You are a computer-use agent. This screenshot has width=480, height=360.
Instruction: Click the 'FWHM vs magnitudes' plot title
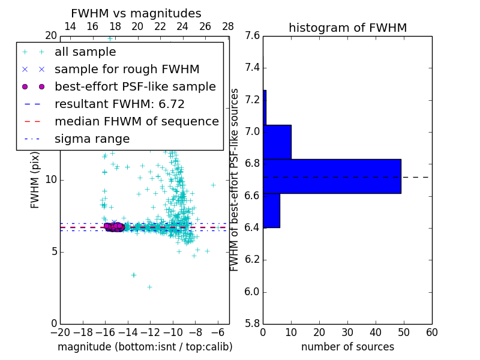click(136, 14)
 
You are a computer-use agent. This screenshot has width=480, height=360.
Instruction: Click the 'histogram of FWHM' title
click(347, 28)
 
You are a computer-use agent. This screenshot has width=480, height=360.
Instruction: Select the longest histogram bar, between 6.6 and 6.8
click(332, 176)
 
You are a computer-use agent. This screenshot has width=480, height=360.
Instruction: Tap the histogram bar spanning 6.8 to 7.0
click(277, 142)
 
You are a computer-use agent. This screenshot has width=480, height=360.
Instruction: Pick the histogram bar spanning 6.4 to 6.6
click(271, 211)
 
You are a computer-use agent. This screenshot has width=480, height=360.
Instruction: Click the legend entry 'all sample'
click(85, 52)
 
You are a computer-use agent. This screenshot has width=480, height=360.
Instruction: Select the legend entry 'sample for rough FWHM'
click(127, 69)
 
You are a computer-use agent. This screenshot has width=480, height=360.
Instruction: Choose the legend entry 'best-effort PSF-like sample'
click(135, 86)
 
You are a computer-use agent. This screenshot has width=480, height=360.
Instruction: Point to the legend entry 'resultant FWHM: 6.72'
click(119, 104)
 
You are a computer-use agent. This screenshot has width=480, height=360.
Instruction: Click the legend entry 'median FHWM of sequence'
click(136, 121)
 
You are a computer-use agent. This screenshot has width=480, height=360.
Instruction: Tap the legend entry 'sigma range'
click(92, 139)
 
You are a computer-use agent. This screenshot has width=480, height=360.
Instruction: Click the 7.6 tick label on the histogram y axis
click(253, 35)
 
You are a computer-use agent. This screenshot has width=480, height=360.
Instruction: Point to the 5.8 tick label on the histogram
click(253, 324)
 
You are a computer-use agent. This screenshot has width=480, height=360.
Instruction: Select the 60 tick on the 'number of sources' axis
click(431, 333)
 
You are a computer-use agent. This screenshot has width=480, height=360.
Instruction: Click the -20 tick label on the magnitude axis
click(60, 333)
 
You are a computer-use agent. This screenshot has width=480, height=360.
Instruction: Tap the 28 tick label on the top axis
click(228, 26)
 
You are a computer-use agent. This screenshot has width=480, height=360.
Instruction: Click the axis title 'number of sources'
click(347, 347)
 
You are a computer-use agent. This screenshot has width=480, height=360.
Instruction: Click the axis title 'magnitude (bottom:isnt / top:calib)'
click(145, 347)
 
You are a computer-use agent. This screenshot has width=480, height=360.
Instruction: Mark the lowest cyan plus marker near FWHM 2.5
click(149, 287)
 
